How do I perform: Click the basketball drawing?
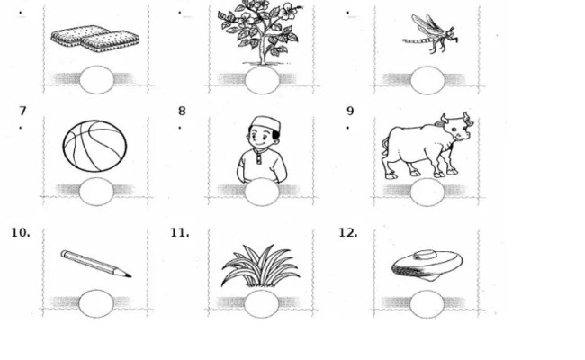pyautogui.click(x=94, y=146)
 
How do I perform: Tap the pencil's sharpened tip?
pyautogui.click(x=130, y=277)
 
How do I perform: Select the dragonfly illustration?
pyautogui.click(x=430, y=33)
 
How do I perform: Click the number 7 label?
pyautogui.click(x=22, y=111)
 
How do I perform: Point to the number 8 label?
pyautogui.click(x=182, y=111)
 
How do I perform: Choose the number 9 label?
pyautogui.click(x=350, y=111)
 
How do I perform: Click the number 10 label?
pyautogui.click(x=21, y=233)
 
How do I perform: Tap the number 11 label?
pyautogui.click(x=179, y=233)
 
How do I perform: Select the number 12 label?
pyautogui.click(x=347, y=233)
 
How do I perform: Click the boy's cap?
pyautogui.click(x=265, y=123)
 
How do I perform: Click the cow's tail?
pyautogui.click(x=385, y=147)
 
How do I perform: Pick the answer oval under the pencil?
pyautogui.click(x=96, y=303)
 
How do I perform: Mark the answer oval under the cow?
pyautogui.click(x=427, y=192)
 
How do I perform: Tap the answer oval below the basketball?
pyautogui.click(x=96, y=192)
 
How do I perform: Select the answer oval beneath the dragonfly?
pyautogui.click(x=427, y=80)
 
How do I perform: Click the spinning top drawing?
pyautogui.click(x=427, y=265)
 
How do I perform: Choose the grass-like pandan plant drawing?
pyautogui.click(x=261, y=266)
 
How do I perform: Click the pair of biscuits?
pyautogui.click(x=95, y=39)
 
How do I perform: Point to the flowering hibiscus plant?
pyautogui.click(x=261, y=32)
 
